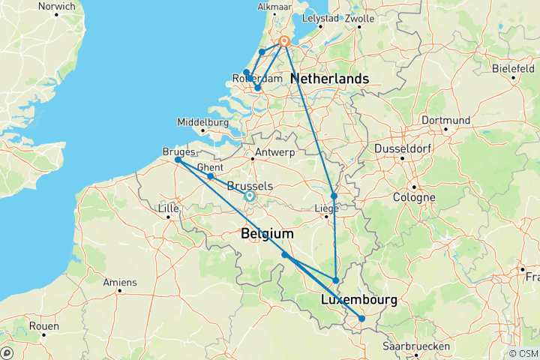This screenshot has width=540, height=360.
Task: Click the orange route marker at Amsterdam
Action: tap(285, 42)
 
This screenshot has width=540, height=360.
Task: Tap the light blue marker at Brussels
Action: tap(250, 196)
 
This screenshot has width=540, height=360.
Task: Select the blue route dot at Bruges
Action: tap(178, 160)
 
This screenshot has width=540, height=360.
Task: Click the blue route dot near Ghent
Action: tap(210, 177)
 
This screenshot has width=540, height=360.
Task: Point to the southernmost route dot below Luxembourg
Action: tap(361, 319)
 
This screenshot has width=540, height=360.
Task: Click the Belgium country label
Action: tap(266, 235)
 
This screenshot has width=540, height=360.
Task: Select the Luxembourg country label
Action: tap(358, 300)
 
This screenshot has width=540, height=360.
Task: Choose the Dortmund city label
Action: tap(445, 120)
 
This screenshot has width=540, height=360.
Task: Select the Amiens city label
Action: tap(120, 282)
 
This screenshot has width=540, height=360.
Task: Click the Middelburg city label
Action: tap(202, 122)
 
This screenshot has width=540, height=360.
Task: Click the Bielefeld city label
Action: tap(513, 68)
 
